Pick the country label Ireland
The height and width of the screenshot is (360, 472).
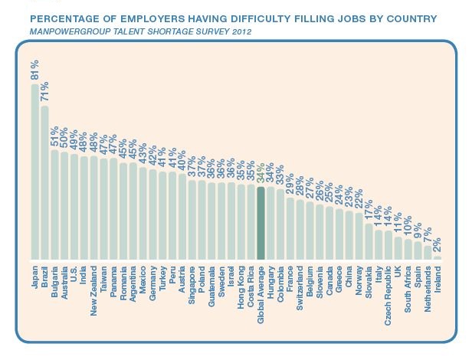coord(438,279)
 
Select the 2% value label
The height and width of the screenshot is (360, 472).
coord(438,244)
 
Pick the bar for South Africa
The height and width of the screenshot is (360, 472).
coord(408,250)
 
